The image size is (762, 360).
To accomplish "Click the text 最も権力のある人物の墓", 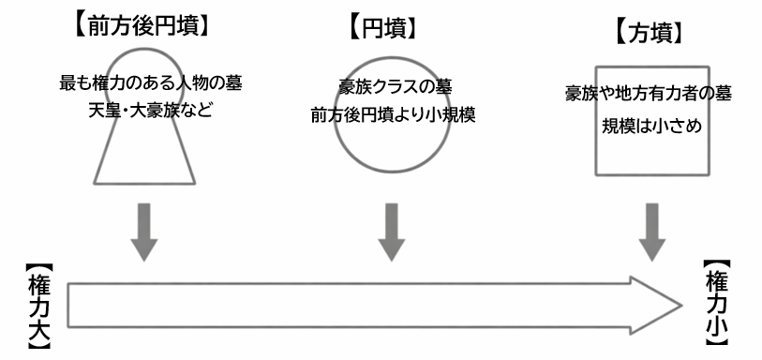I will (x=151, y=82).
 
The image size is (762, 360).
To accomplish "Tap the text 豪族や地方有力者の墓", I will (x=649, y=94).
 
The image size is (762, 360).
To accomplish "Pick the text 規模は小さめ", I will (x=649, y=123).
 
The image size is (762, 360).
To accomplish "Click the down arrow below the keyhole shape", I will (x=144, y=231).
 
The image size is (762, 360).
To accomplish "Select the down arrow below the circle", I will (x=391, y=231).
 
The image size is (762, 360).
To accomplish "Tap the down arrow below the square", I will (x=652, y=231).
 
